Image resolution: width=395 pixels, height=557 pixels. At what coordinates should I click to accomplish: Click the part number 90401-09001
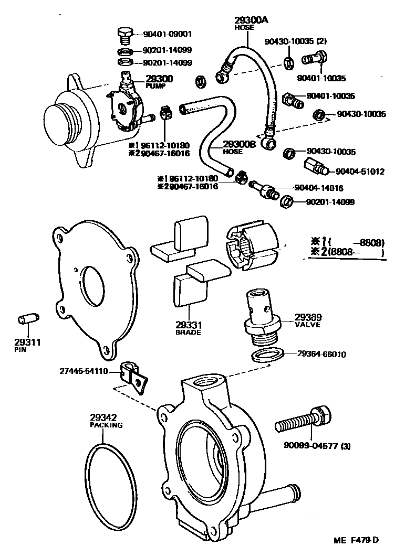[168, 34]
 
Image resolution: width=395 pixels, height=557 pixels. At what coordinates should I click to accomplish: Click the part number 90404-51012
[360, 172]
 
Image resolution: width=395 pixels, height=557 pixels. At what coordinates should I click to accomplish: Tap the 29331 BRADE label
[189, 329]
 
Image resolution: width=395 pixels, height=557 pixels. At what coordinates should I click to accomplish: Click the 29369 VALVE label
[309, 320]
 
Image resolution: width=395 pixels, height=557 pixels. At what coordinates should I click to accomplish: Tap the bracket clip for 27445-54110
[132, 373]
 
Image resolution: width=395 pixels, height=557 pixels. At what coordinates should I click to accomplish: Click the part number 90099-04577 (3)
[317, 446]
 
